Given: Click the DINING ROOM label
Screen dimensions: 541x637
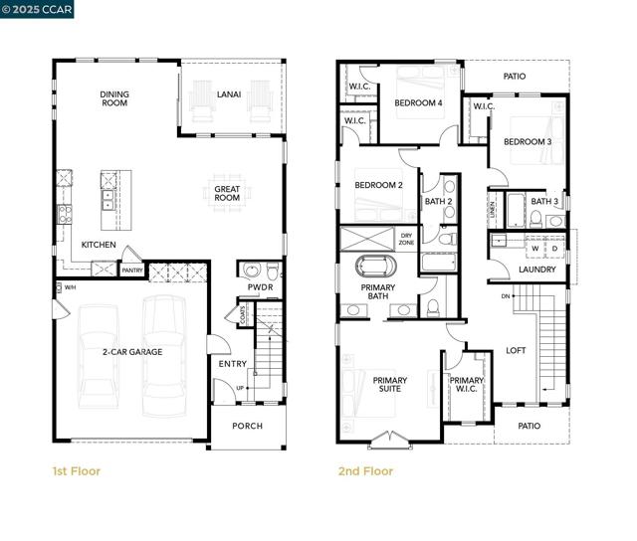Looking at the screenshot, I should (x=114, y=98).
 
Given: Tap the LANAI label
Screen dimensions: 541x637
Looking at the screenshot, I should (x=229, y=94).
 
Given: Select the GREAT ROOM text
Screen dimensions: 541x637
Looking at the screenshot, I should (x=227, y=192).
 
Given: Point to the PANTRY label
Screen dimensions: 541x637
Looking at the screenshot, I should (x=131, y=269).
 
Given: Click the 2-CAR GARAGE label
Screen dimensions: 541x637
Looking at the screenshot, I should (x=131, y=352).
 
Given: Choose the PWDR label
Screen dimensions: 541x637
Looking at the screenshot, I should (x=260, y=288).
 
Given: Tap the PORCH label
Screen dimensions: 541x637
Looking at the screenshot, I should (x=247, y=426).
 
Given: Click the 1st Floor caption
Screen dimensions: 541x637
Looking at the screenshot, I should (x=76, y=471).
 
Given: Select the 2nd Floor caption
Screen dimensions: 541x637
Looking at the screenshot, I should (x=364, y=471).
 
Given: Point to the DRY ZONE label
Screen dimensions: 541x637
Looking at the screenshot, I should (x=406, y=239).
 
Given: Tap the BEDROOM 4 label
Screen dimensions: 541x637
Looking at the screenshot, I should (x=418, y=102).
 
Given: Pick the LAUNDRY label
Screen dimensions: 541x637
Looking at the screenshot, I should (x=537, y=270).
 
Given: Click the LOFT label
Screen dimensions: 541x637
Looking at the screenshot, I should (x=516, y=350).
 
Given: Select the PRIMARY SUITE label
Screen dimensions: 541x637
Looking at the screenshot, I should (x=390, y=385).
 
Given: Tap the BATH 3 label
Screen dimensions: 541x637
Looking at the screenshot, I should (x=544, y=202).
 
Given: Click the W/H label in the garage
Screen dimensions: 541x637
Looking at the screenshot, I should (x=70, y=288).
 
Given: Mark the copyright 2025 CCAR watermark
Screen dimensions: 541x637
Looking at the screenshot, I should (x=37, y=9).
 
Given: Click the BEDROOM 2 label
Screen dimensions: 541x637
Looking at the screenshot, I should (x=379, y=185).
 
